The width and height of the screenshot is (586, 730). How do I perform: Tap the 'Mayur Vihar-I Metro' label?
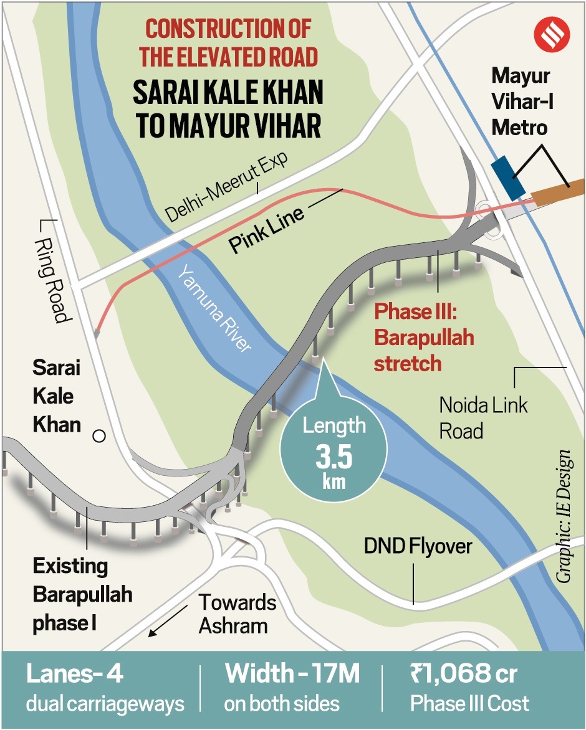coord(521,102)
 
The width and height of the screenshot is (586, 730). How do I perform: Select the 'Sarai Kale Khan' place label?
coord(57,396)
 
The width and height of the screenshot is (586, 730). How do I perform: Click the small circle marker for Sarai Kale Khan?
coord(98,435)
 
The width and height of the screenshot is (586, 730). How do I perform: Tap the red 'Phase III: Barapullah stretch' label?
coord(424,337)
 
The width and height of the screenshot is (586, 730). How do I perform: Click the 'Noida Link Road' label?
coord(484,417)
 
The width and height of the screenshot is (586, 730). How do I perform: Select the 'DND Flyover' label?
coord(418,547)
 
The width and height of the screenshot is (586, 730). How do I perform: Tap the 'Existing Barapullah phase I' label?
coord(82,594)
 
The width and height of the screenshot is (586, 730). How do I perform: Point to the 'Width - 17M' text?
coord(292,675)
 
